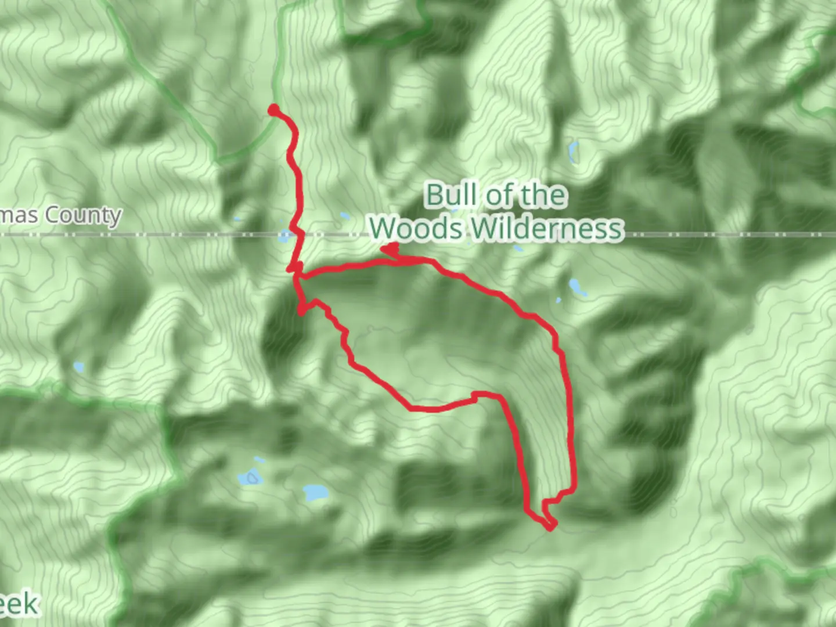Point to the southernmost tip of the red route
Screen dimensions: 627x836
[x=550, y=527]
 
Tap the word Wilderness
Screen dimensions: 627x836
[x=547, y=228]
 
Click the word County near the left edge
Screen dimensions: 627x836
[x=83, y=215]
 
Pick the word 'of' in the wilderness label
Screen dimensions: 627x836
[x=501, y=195]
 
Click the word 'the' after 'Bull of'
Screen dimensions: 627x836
[x=543, y=194]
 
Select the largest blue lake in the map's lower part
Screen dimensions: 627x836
[x=315, y=493]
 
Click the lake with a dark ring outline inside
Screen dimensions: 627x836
[x=251, y=478]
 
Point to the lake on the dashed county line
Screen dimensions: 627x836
[x=284, y=236]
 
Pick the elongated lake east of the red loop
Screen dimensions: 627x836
[x=577, y=287]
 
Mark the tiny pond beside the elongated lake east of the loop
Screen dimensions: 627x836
[x=558, y=300]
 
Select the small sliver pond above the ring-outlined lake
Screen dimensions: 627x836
[x=260, y=460]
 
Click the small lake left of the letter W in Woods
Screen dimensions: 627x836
[x=345, y=217]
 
